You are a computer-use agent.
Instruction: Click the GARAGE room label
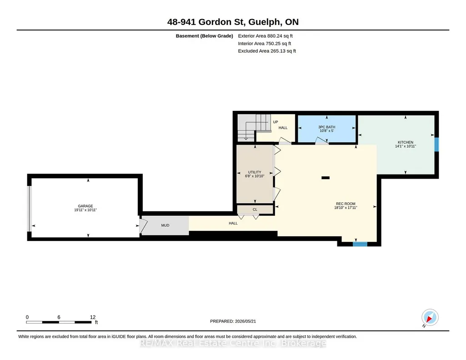[x=85, y=206]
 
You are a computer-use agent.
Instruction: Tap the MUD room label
[x=165, y=225]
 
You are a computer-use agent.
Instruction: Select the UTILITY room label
[x=255, y=172]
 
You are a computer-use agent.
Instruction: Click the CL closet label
[x=255, y=210]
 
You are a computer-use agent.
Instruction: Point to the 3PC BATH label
[x=326, y=127]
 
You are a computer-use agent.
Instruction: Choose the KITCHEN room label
[x=406, y=142]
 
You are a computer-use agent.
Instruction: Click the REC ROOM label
[x=346, y=204]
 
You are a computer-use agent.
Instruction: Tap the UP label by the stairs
[x=276, y=122]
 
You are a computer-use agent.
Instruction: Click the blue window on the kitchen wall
[x=436, y=145]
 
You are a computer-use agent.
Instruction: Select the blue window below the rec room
[x=360, y=244]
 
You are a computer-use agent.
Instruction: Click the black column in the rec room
[x=326, y=178]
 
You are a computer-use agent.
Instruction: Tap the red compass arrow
[x=429, y=319]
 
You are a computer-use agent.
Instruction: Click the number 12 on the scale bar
[x=93, y=317]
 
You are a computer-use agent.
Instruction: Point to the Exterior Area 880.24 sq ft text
[x=265, y=36]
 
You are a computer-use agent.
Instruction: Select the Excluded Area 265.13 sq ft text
[x=267, y=51]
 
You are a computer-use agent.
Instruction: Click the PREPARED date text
[x=233, y=321]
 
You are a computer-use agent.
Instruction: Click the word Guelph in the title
[x=264, y=22]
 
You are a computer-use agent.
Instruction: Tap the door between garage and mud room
[x=143, y=226]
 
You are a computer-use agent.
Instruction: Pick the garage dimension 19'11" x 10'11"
[x=85, y=210]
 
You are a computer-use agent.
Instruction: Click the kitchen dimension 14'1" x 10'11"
[x=406, y=146]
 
